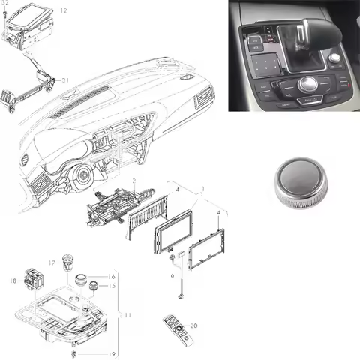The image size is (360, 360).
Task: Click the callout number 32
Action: pos(4,4)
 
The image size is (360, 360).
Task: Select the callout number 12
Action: pos(63,10)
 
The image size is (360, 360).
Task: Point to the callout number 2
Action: pos(133,181)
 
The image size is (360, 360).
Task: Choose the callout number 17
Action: pos(52,263)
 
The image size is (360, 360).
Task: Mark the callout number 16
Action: pos(112,276)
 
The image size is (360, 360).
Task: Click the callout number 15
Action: pos(112,286)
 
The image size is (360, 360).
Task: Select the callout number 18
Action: pos(12,280)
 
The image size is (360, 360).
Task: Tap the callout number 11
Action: pos(127,314)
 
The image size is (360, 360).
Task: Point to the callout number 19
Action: pos(113,353)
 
